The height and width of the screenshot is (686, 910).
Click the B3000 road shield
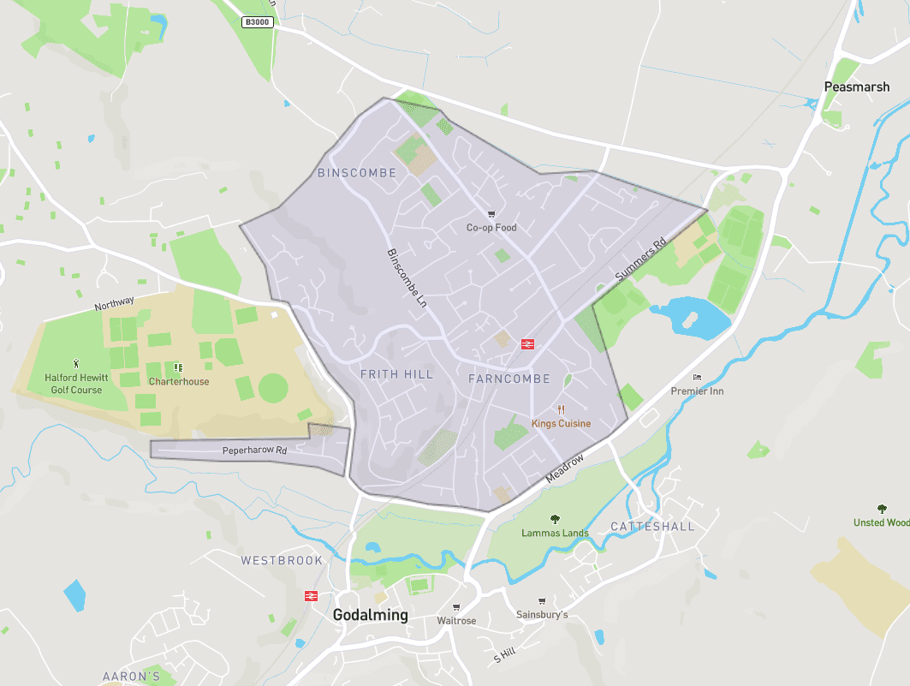tap(257, 22)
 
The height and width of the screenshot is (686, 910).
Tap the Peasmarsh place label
tap(856, 86)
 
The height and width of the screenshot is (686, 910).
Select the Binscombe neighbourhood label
tap(357, 173)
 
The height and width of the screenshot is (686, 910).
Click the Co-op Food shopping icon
tap(491, 214)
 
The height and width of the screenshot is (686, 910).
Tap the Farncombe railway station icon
tap(527, 344)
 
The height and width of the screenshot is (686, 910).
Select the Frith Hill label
tap(396, 374)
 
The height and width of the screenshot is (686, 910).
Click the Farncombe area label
tap(509, 378)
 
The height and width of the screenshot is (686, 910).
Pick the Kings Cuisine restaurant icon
tap(562, 409)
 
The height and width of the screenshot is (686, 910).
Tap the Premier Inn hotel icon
tap(697, 378)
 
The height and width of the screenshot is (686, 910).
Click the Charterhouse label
tap(178, 381)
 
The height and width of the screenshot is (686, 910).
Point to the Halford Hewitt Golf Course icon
tap(76, 363)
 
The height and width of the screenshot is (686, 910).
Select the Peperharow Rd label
tap(254, 450)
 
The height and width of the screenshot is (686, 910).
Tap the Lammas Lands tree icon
tap(555, 518)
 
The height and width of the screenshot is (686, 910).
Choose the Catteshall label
tap(652, 526)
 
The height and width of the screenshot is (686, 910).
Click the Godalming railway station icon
tap(311, 595)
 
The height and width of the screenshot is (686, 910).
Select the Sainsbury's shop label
tap(542, 615)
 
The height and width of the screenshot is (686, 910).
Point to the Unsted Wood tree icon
tap(882, 509)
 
